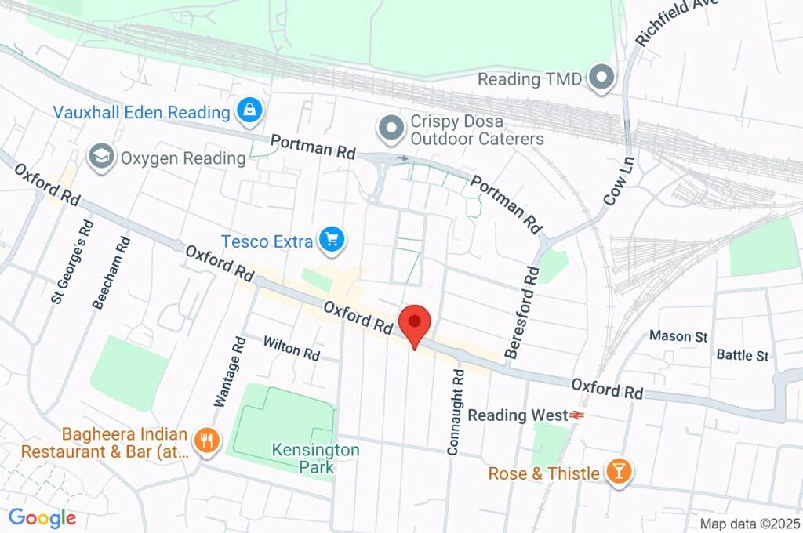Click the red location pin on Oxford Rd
(414, 323)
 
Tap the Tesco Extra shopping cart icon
(332, 240)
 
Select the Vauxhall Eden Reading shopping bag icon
(249, 111)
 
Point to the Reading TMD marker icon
(602, 78)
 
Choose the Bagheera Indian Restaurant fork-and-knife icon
(206, 441)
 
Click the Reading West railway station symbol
(578, 415)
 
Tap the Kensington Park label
(315, 459)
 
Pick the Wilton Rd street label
(292, 347)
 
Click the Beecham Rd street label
(111, 271)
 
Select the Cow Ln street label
(619, 179)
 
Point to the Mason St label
(678, 336)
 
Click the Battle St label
(743, 355)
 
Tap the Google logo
(42, 517)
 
